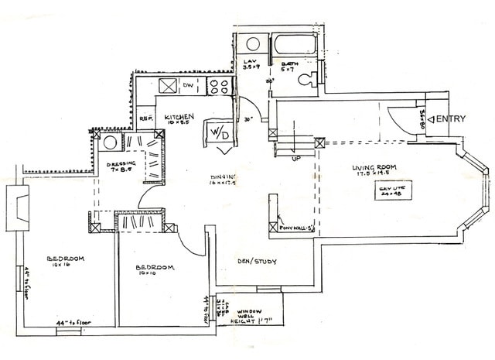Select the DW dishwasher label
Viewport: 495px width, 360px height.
(x=188, y=85)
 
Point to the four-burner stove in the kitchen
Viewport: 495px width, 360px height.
(x=220, y=86)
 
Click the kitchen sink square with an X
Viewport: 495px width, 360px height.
(x=168, y=85)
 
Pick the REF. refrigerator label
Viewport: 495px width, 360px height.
(x=145, y=118)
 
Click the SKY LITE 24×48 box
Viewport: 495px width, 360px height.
(x=391, y=190)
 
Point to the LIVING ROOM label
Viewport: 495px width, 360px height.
(x=374, y=168)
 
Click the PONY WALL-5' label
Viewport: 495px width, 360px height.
(x=297, y=228)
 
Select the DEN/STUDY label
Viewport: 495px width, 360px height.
(x=258, y=262)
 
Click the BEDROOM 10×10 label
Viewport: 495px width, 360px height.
(x=157, y=269)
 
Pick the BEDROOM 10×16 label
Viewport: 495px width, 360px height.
(x=66, y=261)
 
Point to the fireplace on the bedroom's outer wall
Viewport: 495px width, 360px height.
(x=18, y=208)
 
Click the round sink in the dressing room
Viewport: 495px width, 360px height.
(x=110, y=142)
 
